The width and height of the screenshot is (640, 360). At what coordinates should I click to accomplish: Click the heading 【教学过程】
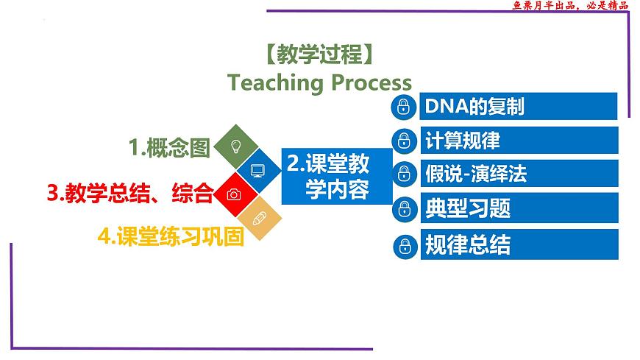click(319, 54)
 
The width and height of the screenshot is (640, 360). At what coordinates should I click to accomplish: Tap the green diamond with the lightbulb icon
click(236, 147)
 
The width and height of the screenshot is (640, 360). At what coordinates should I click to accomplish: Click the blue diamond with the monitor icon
click(258, 170)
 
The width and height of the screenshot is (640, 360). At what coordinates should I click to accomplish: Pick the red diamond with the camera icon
click(235, 194)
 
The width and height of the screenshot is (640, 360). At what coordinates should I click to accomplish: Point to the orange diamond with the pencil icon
click(260, 218)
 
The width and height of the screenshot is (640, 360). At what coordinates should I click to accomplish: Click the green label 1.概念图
click(169, 147)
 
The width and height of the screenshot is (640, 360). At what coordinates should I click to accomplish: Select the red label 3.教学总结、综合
click(130, 193)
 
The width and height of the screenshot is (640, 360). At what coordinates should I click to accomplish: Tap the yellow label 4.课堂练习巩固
click(171, 236)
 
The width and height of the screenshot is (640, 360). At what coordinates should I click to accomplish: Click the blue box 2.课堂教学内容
click(337, 176)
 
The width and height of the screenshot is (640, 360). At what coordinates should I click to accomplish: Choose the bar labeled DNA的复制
click(519, 106)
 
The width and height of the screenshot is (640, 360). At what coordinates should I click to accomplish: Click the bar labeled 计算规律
click(519, 140)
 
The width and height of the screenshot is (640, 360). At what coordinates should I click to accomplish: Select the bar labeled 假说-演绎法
click(519, 173)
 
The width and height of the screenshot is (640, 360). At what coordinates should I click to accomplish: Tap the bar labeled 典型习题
click(519, 208)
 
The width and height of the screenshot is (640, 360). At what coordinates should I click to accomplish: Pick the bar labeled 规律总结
click(519, 244)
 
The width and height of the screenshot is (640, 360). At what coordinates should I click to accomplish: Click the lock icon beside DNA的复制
click(404, 107)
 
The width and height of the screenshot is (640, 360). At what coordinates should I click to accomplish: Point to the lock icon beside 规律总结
click(405, 247)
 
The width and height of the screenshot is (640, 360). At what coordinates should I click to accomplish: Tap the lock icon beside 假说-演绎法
click(404, 173)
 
